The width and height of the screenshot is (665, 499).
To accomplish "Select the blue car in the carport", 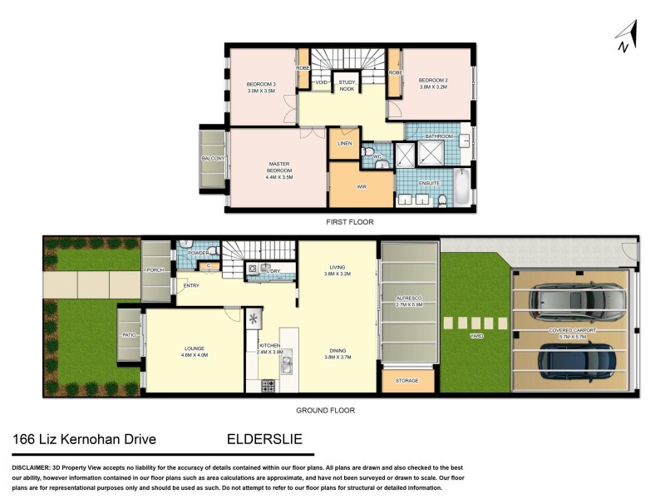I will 578,359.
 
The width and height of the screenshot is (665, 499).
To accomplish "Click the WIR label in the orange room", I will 362,186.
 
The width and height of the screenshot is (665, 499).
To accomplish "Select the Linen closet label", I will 344,143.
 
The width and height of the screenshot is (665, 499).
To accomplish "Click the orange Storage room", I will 407,380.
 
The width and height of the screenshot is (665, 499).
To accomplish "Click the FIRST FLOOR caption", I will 349,222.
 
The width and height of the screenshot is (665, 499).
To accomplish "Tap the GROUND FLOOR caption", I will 326,410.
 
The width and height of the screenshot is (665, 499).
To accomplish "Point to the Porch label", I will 155,269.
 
